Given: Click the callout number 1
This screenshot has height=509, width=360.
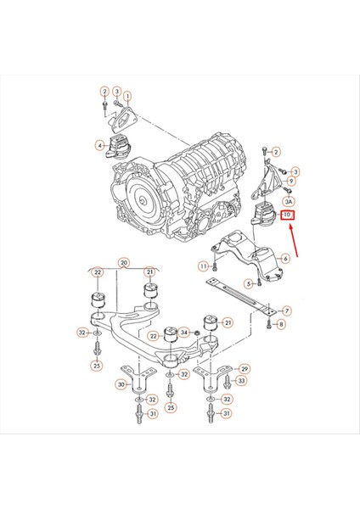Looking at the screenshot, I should (x=128, y=98).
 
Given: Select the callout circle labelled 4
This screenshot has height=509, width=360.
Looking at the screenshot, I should (x=100, y=146).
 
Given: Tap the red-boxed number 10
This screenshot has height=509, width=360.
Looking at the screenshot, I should (x=288, y=215).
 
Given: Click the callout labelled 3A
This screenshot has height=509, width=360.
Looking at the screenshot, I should (x=289, y=202).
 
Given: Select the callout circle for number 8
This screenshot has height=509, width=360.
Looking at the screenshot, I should (x=282, y=324).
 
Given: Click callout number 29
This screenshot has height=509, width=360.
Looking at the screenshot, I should (x=245, y=370).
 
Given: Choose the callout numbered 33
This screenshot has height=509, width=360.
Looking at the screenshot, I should (x=240, y=381).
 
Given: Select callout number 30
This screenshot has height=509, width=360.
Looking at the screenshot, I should (x=121, y=385).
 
